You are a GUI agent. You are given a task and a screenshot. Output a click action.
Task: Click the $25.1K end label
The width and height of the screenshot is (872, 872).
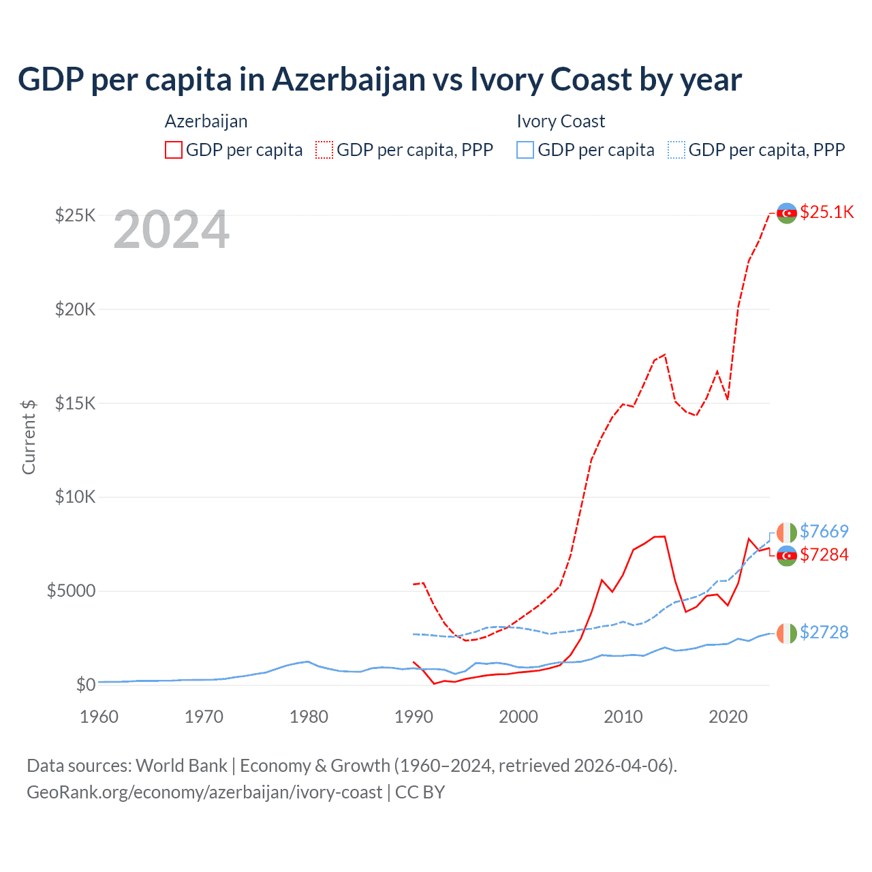click(826, 212)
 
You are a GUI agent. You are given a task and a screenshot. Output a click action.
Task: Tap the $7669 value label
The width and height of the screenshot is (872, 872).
click(824, 531)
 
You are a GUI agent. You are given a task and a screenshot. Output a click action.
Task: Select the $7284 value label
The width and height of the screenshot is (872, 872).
click(824, 555)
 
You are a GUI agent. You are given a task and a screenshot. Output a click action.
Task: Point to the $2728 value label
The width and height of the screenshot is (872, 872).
click(824, 632)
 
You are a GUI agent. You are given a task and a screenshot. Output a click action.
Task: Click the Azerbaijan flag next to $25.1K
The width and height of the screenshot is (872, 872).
click(787, 213)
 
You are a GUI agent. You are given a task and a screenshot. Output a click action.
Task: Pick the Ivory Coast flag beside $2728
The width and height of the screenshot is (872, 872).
click(787, 634)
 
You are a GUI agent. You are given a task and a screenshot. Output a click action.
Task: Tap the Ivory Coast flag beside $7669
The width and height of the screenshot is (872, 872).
click(787, 532)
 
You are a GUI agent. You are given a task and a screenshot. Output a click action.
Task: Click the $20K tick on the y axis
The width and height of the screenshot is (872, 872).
click(76, 309)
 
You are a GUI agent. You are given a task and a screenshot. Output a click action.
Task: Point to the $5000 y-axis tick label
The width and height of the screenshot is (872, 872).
click(71, 591)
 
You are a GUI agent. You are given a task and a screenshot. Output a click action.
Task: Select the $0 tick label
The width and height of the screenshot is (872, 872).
click(85, 685)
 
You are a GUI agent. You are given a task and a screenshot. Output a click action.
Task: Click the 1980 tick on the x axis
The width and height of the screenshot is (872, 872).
click(309, 717)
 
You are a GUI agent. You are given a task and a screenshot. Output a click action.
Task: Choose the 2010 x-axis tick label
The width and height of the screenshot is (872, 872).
click(623, 717)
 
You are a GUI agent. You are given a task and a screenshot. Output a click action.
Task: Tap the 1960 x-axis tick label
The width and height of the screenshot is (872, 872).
click(99, 717)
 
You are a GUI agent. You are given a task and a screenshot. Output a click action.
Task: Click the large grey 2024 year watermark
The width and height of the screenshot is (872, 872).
click(171, 230)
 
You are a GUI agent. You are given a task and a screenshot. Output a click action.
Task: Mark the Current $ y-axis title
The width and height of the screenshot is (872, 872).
click(29, 437)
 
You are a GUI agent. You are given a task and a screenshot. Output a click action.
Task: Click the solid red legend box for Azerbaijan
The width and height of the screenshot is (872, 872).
click(174, 150)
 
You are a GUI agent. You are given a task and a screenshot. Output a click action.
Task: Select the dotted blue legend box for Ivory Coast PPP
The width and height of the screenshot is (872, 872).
click(676, 150)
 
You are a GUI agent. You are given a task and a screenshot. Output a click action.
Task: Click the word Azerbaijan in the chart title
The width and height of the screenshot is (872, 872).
click(349, 80)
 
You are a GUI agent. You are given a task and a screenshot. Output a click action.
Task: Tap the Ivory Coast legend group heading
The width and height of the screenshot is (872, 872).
click(561, 121)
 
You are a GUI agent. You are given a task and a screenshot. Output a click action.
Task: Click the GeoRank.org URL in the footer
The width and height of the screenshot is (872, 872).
click(204, 792)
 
